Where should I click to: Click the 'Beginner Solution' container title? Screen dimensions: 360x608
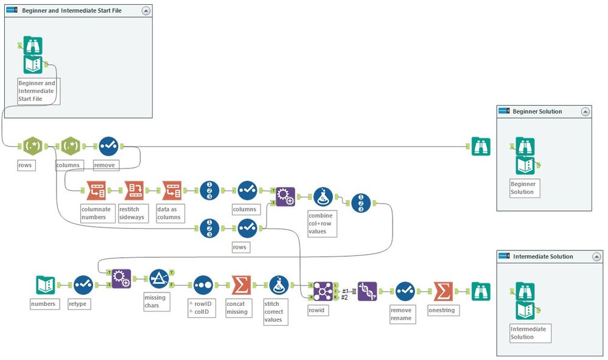537,111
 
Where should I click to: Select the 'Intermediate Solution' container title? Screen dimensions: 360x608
543,257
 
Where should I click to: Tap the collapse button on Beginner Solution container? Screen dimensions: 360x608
585,111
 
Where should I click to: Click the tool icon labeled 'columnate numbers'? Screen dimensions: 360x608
96,190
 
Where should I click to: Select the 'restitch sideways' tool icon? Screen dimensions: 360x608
134,190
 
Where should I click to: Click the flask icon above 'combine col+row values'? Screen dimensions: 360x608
322,197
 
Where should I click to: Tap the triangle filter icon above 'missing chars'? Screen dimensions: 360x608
159,279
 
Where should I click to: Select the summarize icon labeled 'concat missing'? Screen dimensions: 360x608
241,285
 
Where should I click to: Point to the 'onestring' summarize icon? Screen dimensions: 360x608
443,291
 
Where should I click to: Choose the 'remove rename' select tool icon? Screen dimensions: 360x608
405,291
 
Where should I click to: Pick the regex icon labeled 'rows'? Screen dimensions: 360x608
31,146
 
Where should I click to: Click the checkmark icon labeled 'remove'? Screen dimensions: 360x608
108,146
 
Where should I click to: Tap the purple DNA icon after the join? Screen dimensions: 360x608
367,291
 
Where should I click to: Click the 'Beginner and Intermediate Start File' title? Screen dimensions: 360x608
72,10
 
